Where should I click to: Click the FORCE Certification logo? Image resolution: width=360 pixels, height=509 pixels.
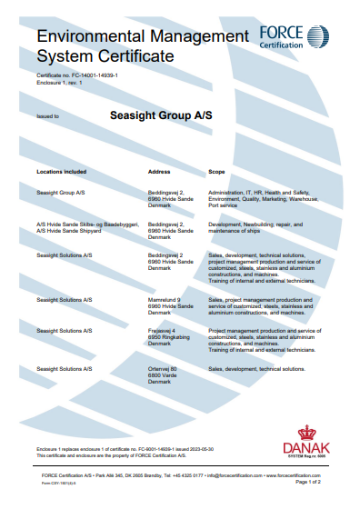pyautogui.click(x=290, y=37)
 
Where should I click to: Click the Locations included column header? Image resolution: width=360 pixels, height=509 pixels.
pyautogui.click(x=62, y=171)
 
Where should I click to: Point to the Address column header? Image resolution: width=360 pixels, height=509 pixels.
pyautogui.click(x=159, y=171)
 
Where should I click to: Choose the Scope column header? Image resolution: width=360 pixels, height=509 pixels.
pyautogui.click(x=217, y=171)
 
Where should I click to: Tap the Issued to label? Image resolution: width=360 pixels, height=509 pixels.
pyautogui.click(x=47, y=117)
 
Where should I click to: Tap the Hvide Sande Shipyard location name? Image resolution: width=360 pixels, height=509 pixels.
pyautogui.click(x=75, y=229)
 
